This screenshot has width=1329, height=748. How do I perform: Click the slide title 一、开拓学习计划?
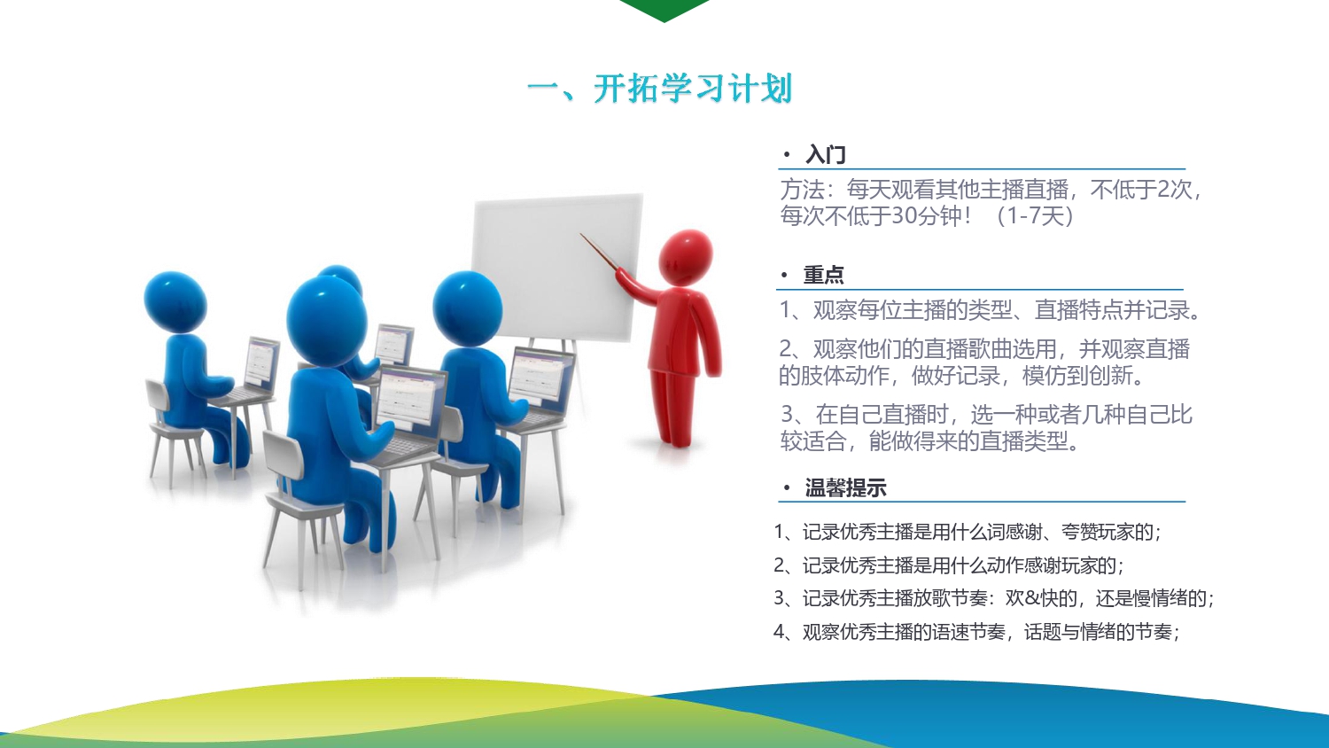point(660,89)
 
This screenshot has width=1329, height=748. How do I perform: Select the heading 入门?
point(825,155)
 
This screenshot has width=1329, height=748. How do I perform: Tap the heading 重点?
point(823,275)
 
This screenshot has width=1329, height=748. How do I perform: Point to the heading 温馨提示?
point(845,488)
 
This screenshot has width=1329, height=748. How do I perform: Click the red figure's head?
point(686,257)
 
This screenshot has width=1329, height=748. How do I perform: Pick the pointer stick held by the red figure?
point(599,252)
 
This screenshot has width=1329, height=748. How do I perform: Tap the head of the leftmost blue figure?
point(175,301)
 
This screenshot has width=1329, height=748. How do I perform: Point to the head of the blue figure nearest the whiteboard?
point(468,308)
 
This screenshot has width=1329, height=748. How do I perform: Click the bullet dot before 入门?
point(787,155)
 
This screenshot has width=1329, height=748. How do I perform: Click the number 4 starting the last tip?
point(779,632)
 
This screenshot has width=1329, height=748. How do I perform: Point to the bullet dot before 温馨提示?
point(787,488)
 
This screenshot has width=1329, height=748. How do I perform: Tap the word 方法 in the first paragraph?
point(802,190)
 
